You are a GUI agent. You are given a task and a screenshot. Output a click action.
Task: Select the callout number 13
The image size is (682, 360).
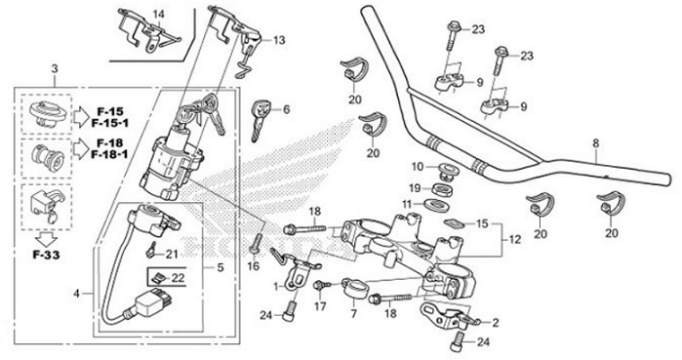coord(280,40)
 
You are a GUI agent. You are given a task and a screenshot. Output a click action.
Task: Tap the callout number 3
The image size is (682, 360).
coord(55,67)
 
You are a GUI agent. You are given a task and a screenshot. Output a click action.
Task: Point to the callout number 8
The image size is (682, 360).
coord(595,144)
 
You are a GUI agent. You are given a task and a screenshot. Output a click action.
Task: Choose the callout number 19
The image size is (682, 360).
coord(415,187)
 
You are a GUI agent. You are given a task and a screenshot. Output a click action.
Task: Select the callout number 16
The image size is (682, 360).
coord(253,264)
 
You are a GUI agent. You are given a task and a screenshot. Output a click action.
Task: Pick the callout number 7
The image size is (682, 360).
coord(355,314)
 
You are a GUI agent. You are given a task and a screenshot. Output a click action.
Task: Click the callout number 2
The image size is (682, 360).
coord(495,321)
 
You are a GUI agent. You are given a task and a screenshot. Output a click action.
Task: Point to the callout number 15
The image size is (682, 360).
coord(482,223)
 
